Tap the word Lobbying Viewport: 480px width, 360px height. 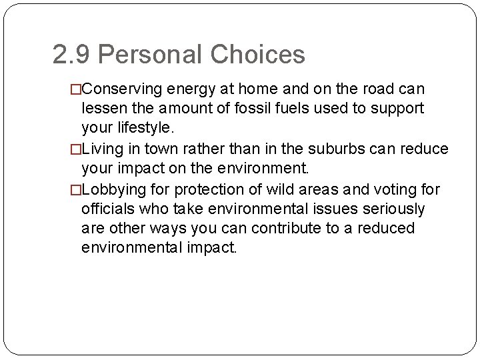112,190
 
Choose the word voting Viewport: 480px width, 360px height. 399,190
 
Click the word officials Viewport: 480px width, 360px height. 107,209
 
